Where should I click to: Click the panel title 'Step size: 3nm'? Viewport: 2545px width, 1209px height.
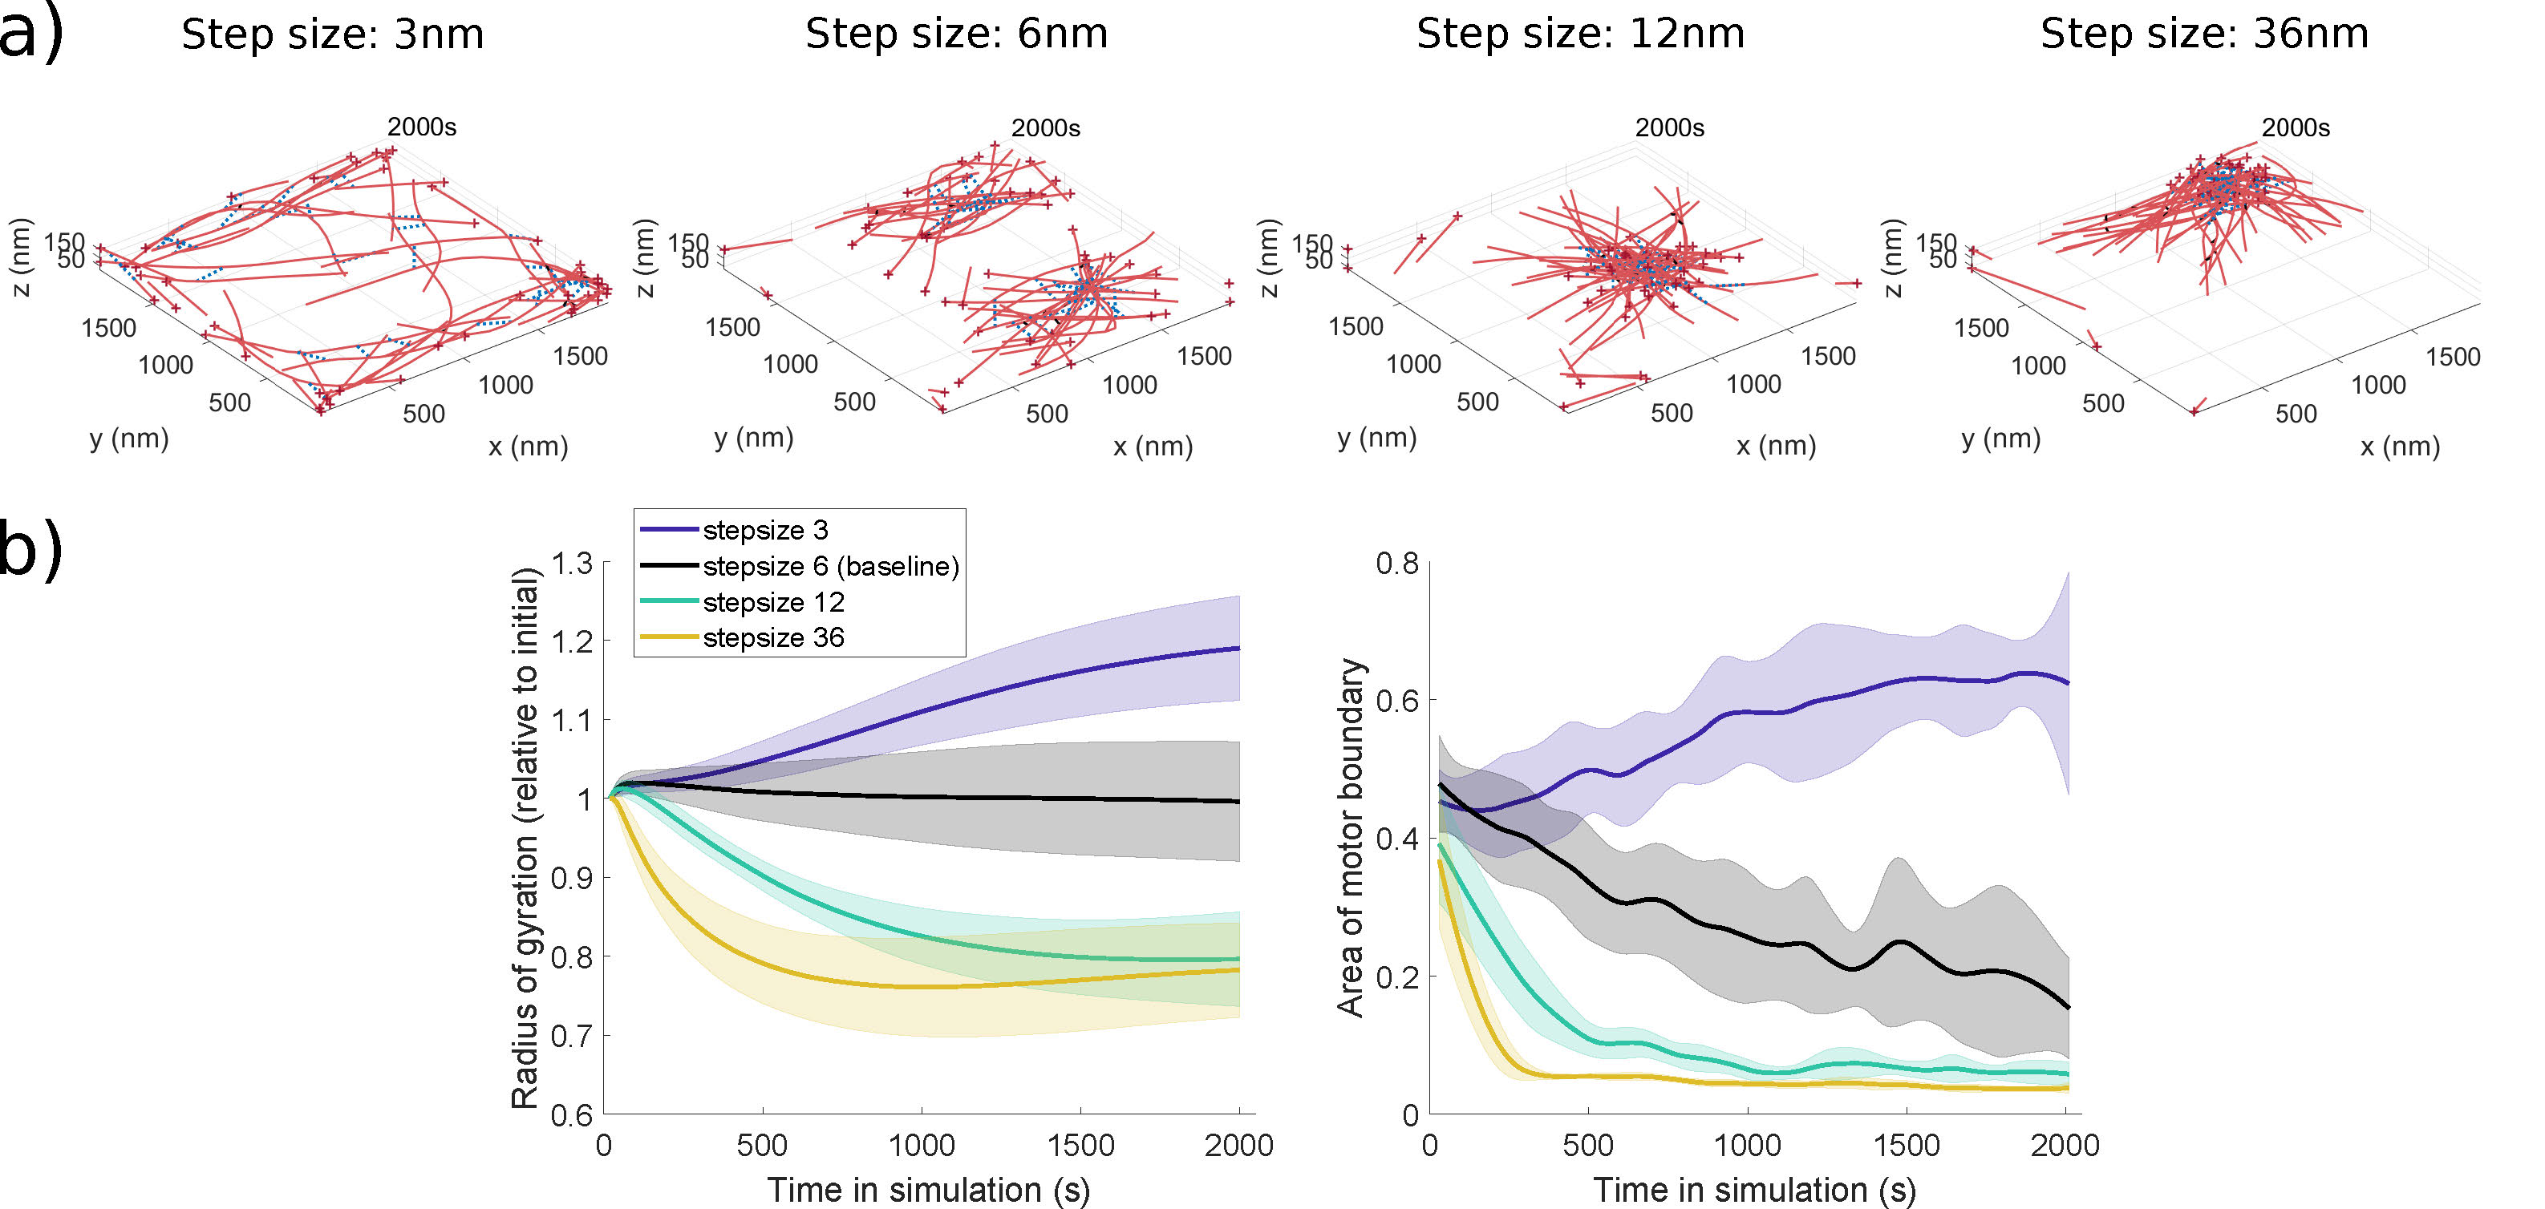tap(333, 34)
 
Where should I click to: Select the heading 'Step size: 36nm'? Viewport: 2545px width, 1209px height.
tap(2204, 34)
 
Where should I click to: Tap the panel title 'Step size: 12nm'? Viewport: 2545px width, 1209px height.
tap(1580, 34)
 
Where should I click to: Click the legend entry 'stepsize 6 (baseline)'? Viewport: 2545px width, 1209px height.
tap(830, 566)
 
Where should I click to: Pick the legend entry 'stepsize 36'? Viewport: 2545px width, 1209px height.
tap(772, 638)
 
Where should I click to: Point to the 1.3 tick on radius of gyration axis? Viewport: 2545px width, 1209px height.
tap(572, 564)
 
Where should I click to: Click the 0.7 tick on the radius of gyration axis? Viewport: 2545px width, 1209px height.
tap(572, 1036)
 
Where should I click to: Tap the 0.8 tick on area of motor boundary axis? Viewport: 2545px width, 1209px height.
tap(1397, 564)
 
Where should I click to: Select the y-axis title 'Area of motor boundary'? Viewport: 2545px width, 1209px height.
tap(1351, 838)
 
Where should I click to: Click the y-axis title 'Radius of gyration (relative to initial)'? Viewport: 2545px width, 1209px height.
tap(525, 838)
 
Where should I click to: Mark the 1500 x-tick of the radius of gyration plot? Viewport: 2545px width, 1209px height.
tap(1080, 1146)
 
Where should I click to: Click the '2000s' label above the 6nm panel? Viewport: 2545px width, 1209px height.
tap(1045, 128)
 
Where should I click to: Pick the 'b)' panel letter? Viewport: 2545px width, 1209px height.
tap(30, 550)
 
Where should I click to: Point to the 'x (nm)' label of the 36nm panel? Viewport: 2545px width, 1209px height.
tap(2400, 447)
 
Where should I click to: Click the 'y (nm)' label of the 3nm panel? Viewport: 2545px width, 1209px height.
tap(129, 439)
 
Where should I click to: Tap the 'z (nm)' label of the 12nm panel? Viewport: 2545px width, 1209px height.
tap(1269, 257)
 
